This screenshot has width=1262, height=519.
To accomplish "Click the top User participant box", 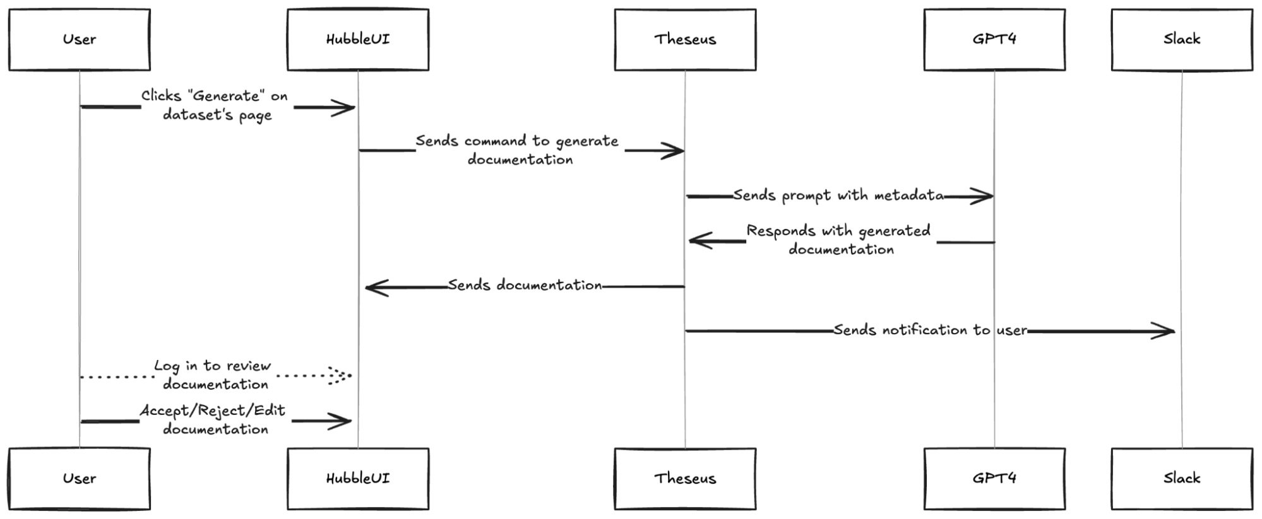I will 80,39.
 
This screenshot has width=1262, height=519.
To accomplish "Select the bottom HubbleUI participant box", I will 358,479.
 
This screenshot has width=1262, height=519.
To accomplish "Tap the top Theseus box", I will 685,39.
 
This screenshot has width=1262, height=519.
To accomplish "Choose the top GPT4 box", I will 994,39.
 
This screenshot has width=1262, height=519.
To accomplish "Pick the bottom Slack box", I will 1182,479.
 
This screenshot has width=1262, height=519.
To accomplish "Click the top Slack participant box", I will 1182,39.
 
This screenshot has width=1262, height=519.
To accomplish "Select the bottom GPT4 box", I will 994,479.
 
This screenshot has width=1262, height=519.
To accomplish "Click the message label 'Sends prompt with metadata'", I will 838,195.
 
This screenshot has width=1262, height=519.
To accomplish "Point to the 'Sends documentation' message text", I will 525,286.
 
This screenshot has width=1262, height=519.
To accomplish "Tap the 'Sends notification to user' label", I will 930,330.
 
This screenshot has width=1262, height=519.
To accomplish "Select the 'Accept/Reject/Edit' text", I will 213,411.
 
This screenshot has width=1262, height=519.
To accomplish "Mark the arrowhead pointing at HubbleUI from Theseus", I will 375,288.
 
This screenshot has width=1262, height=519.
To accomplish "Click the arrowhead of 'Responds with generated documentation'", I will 698,240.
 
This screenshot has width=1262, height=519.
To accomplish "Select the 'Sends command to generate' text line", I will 517,141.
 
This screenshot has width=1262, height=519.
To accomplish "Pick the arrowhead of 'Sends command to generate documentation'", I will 674,151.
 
